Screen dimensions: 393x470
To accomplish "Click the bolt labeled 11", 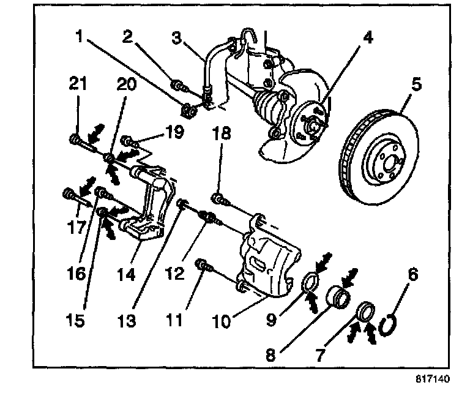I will click(203, 265).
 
